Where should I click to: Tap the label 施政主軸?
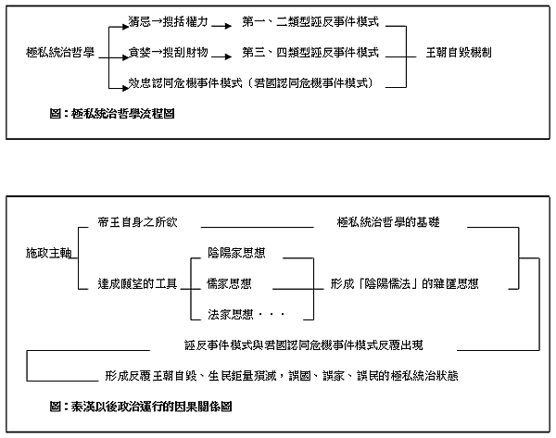pyautogui.click(x=46, y=253)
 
